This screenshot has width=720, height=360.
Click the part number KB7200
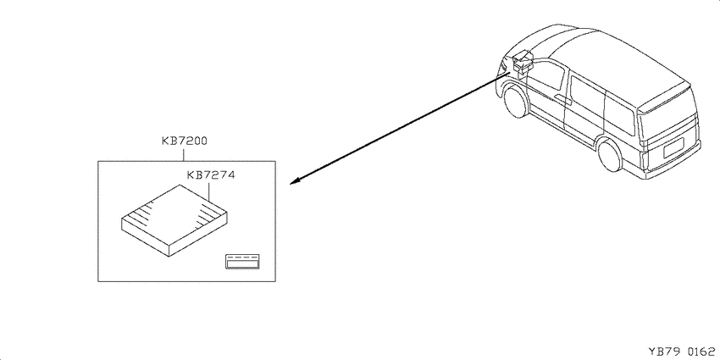(184, 141)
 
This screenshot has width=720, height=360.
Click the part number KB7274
(210, 175)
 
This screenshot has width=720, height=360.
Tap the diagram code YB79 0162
(681, 352)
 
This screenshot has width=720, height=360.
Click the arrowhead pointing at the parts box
(296, 181)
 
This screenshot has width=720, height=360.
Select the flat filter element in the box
(174, 220)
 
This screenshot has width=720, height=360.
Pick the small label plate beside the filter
(242, 261)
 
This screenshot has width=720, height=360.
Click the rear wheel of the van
(610, 155)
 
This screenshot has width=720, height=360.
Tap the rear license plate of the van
(674, 149)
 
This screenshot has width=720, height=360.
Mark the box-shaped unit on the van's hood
(523, 62)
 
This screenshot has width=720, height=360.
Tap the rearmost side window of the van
(620, 114)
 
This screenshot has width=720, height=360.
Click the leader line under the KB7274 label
(209, 191)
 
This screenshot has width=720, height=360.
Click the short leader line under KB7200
(184, 153)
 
